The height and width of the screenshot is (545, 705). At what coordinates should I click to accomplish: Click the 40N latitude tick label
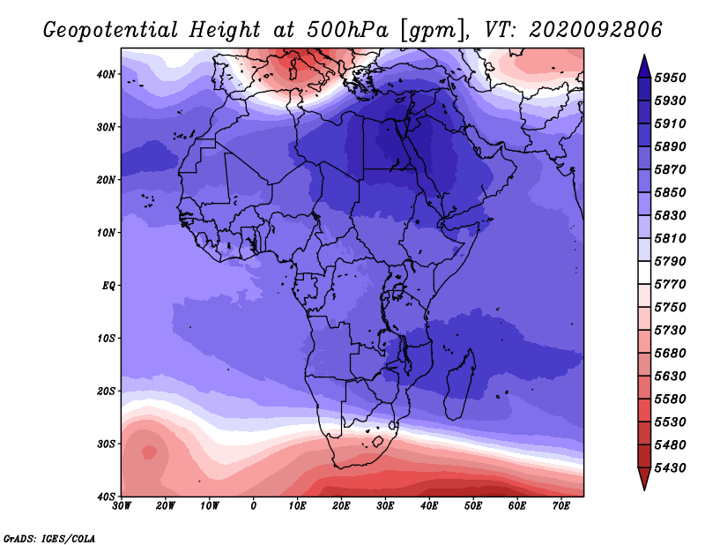[x=106, y=74]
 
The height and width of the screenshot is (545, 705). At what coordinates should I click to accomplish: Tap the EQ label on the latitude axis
[x=108, y=286]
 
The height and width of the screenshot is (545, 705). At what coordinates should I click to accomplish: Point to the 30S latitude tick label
[x=106, y=444]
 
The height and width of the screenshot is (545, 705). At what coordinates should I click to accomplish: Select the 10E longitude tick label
[x=297, y=506]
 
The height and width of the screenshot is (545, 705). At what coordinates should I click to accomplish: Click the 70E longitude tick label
[x=561, y=506]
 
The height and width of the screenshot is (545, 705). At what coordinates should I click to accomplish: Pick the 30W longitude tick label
[x=122, y=506]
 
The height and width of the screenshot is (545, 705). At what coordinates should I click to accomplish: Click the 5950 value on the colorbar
[x=670, y=78]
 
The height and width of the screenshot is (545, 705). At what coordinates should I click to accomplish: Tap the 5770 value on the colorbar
[x=670, y=285]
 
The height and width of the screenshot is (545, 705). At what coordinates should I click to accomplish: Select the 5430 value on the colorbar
[x=670, y=468]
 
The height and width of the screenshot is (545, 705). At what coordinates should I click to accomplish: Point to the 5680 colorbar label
[x=670, y=354]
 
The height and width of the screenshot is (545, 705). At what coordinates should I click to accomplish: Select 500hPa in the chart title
[x=347, y=30]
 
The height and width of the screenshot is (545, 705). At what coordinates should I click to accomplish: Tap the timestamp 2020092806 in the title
[x=596, y=30]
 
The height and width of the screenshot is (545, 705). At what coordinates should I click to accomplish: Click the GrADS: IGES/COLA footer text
[x=49, y=539]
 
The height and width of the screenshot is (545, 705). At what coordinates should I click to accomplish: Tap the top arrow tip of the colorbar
[x=644, y=56]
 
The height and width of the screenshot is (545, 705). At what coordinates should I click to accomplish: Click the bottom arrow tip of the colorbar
[x=644, y=489]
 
